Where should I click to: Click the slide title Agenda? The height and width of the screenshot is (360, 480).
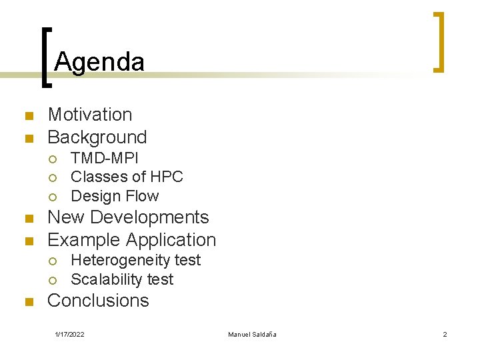coord(99,62)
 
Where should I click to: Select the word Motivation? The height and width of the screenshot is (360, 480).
coord(90,115)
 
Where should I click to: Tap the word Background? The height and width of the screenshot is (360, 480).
coord(97,137)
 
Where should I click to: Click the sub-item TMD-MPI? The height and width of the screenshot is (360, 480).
coord(105,158)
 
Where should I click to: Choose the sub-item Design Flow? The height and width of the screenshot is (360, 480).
coord(115,196)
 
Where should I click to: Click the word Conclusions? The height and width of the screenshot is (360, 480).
coord(98,301)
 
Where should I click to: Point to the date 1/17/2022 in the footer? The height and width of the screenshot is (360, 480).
coord(69,334)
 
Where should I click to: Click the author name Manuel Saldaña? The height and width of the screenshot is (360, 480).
coord(252,334)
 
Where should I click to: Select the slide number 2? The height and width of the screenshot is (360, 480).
coord(445,334)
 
